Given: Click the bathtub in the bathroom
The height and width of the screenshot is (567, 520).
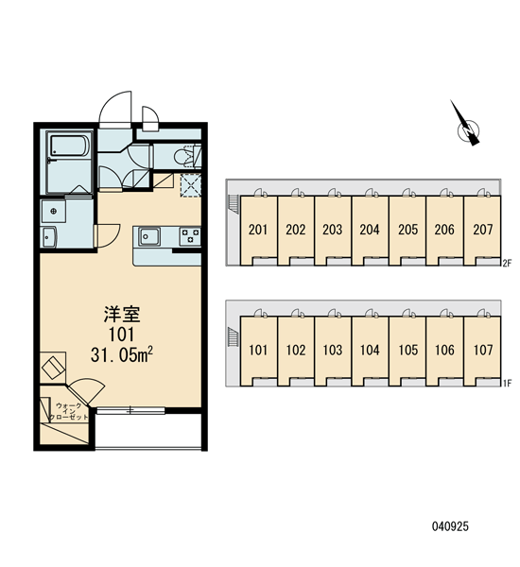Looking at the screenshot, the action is click(x=69, y=146).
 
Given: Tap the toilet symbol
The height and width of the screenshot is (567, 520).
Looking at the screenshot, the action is click(x=187, y=157).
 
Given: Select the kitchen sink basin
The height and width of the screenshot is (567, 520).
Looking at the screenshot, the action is click(x=148, y=236).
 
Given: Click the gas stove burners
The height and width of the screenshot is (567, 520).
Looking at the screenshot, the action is click(x=190, y=236).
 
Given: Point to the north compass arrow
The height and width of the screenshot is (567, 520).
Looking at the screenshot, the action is click(x=466, y=124).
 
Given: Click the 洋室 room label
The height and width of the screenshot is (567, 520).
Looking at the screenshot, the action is click(x=122, y=314).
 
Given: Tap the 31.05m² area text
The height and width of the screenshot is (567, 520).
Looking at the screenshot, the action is click(x=122, y=355).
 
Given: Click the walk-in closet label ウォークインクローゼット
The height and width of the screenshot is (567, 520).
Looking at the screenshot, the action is click(x=68, y=411).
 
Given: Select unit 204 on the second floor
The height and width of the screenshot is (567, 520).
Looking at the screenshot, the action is click(x=370, y=230).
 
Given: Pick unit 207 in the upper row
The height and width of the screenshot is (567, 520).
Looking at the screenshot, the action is click(x=483, y=230).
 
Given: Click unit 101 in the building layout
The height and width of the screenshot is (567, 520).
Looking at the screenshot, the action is click(x=258, y=350).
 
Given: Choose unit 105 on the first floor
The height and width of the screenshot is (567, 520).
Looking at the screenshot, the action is click(x=407, y=350).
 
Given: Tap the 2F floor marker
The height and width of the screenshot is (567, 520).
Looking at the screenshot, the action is click(x=507, y=264).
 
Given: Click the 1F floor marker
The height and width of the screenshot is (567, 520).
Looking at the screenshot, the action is click(x=507, y=384).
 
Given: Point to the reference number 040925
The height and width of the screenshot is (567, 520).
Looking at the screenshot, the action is click(x=450, y=526).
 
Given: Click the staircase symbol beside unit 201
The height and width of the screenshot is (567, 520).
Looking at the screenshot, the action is click(x=234, y=205).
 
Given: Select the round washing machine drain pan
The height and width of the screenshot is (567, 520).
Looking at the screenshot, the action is click(x=54, y=211).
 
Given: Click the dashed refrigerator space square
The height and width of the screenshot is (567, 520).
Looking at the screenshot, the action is click(x=191, y=186).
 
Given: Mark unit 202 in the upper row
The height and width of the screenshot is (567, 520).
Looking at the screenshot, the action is click(x=296, y=230).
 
